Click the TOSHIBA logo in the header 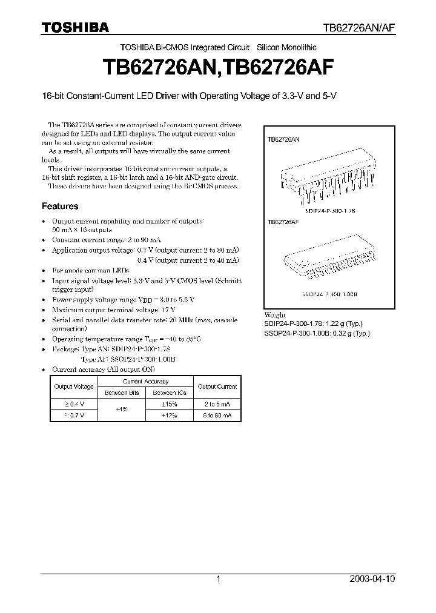click(x=75, y=27)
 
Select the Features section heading click(x=59, y=206)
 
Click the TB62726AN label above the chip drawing click(x=283, y=139)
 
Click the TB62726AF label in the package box click(x=283, y=222)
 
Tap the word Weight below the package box click(x=274, y=316)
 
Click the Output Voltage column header click(x=74, y=386)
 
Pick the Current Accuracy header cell click(x=146, y=382)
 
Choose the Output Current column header click(x=217, y=386)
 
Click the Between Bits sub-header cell click(x=122, y=393)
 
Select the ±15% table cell click(x=170, y=404)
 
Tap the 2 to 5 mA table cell click(x=217, y=404)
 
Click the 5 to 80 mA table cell click(x=217, y=416)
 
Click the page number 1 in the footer click(x=218, y=579)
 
